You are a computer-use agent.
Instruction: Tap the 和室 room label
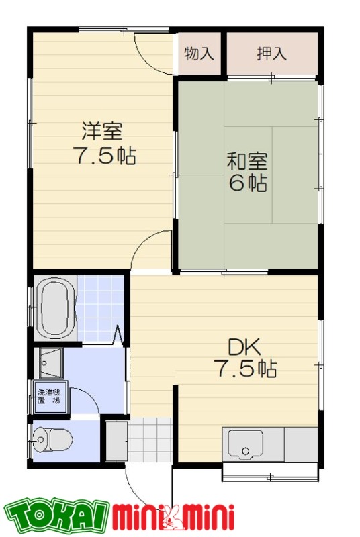pos(246,161)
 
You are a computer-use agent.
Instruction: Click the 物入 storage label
pos(199,54)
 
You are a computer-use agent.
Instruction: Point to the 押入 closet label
pos(271,54)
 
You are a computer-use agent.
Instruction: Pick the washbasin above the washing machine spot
pos(48,363)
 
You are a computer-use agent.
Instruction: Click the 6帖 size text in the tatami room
pos(247,182)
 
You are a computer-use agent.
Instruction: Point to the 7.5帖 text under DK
pos(244,369)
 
